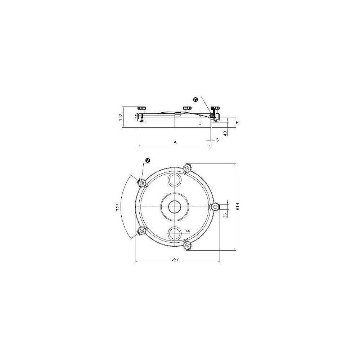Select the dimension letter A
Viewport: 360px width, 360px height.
[175, 142]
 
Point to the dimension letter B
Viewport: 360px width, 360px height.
[237, 123]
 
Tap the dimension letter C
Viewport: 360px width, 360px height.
[217, 140]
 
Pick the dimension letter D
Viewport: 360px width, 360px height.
[200, 123]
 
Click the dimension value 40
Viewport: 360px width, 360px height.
[225, 133]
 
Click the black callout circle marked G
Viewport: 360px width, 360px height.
[195, 100]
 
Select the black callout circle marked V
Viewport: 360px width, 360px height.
[147, 161]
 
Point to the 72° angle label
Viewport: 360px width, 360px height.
[118, 207]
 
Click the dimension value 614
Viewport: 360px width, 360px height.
[238, 206]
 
